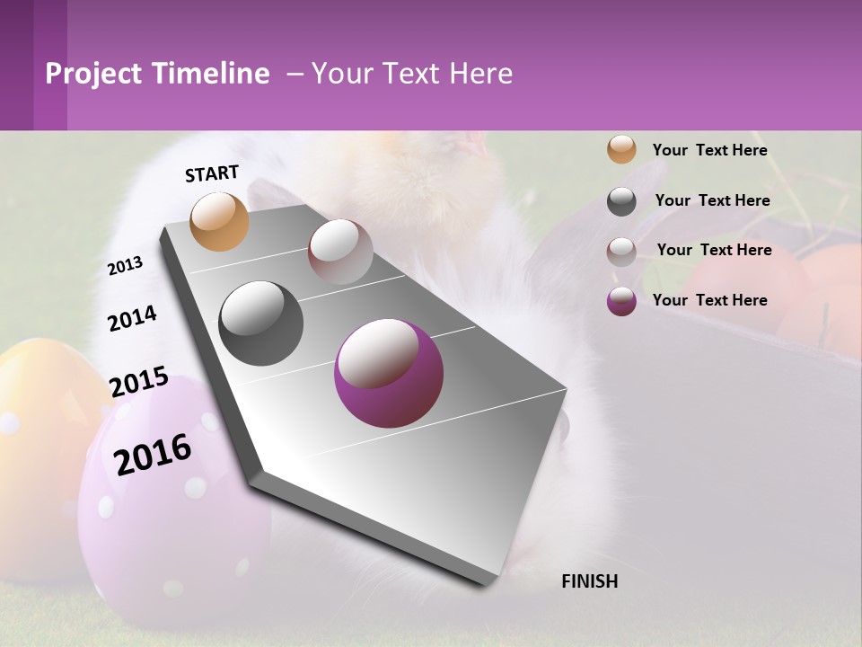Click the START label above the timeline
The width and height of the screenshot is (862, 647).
[212, 173]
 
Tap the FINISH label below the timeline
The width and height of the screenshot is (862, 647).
[590, 581]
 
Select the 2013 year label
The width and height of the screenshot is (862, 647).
[125, 266]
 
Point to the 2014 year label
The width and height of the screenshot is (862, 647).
[132, 318]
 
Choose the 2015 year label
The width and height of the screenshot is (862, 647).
[139, 382]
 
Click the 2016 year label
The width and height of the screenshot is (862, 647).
[153, 454]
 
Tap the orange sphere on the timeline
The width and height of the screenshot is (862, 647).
[219, 221]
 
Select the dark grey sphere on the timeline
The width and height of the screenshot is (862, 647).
[260, 323]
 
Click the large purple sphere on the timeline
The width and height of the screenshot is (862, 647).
[388, 373]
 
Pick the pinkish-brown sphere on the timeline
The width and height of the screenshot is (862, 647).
[340, 252]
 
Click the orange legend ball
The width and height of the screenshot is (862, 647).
[621, 150]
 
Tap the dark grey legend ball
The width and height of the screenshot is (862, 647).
[621, 200]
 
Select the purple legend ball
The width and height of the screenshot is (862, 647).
[621, 300]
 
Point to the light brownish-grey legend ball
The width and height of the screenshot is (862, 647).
[621, 251]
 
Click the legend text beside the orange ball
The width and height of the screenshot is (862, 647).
[709, 150]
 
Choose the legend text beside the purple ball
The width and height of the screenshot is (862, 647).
[709, 300]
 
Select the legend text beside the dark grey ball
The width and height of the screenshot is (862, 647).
[712, 200]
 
